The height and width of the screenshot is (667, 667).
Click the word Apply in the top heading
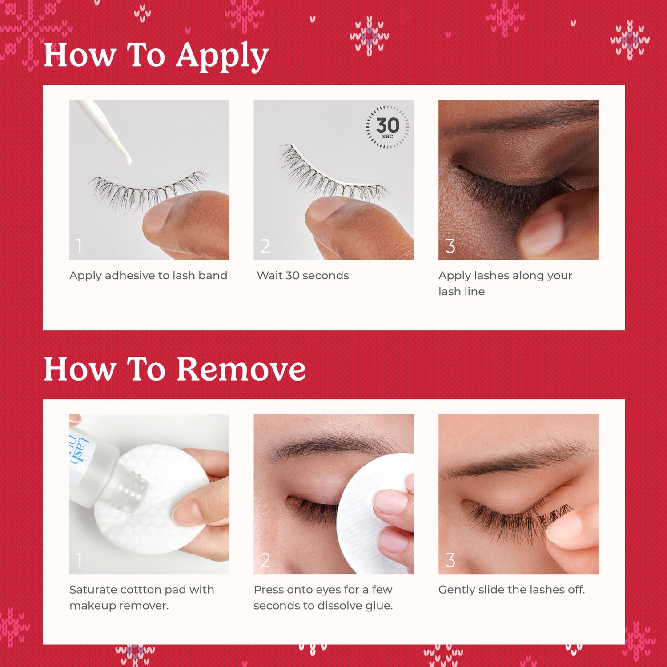(222, 56)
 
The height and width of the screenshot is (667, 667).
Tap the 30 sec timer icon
(387, 127)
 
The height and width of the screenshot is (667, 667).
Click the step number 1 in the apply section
(79, 246)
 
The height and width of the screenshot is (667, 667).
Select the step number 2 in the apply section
(265, 246)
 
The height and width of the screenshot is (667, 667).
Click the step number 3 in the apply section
(450, 246)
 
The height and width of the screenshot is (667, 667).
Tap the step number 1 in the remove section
(79, 560)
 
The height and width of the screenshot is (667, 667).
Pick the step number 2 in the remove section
(265, 560)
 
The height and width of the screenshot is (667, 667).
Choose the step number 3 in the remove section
(450, 560)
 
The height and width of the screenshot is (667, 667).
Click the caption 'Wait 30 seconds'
(303, 276)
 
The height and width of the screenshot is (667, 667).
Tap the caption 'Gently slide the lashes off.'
(511, 590)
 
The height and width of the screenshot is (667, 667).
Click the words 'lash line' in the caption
(461, 292)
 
